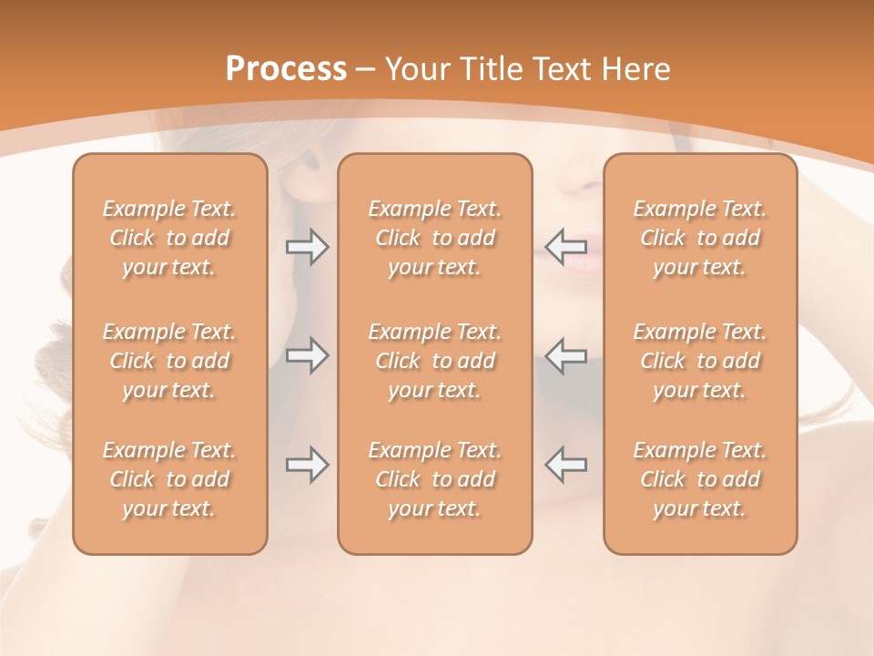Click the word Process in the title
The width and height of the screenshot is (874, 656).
[x=286, y=69]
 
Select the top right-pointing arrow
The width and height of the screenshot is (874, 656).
[x=308, y=247]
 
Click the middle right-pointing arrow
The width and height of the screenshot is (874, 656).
[x=308, y=355]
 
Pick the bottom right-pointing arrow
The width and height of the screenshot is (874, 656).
[x=308, y=465]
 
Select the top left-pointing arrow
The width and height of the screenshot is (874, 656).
[x=566, y=245]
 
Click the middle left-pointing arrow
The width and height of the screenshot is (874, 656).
[x=566, y=355]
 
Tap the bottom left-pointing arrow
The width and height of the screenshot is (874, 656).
[x=566, y=465]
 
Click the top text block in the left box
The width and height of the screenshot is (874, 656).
[x=169, y=238]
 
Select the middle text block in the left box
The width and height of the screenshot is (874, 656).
[x=169, y=361]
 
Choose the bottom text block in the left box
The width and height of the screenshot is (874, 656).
[x=169, y=479]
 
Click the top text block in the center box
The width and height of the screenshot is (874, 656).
[x=435, y=238]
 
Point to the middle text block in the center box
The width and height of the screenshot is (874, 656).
[x=435, y=361]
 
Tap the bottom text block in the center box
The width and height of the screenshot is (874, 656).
[x=435, y=479]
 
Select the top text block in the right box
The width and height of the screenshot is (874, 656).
[x=700, y=238]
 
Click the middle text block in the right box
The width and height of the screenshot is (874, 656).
[x=700, y=361]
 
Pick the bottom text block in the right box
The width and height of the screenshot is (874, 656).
[x=700, y=479]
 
